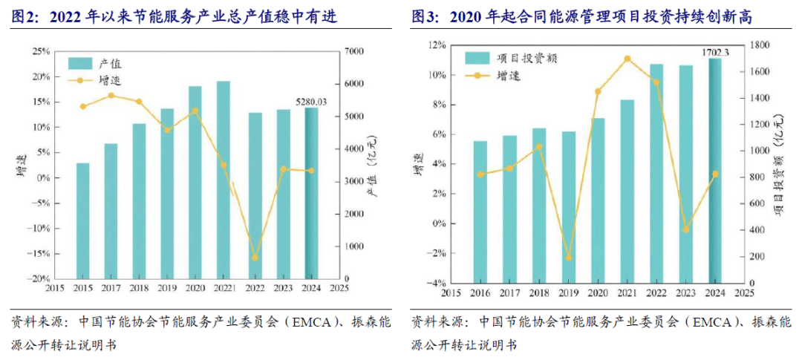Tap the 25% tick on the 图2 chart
tap(41, 51)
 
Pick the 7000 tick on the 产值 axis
tap(353, 51)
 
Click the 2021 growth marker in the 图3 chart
tap(627, 59)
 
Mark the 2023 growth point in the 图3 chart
tap(686, 229)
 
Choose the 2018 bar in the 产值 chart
tap(139, 200)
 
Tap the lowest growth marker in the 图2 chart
tap(255, 258)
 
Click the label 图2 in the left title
tap(25, 16)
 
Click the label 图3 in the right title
tap(426, 16)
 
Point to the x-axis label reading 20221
tap(224, 288)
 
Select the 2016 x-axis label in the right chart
tap(480, 292)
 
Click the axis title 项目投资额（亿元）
tap(780, 163)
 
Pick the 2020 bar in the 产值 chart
tap(195, 182)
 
